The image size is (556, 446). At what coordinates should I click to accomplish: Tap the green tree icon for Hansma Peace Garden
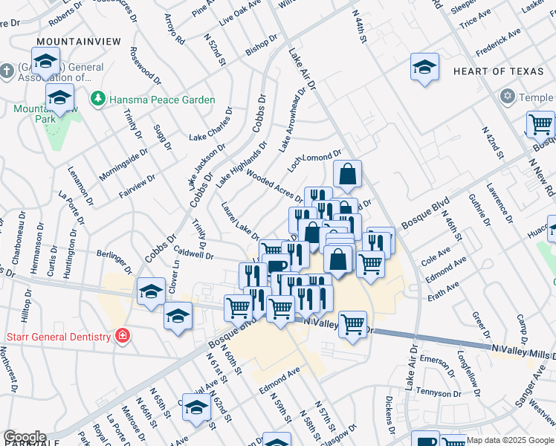[x=97, y=99]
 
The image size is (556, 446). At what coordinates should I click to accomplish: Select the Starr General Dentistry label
[x=58, y=336]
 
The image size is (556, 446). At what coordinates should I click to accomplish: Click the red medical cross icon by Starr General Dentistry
[x=122, y=336]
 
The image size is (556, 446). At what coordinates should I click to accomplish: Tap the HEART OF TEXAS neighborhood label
[x=491, y=71]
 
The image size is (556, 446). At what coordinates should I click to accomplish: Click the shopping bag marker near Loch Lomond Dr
[x=347, y=175]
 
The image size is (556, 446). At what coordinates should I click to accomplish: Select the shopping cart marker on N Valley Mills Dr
[x=352, y=323]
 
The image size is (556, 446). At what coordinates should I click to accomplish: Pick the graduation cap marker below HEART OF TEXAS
[x=424, y=68]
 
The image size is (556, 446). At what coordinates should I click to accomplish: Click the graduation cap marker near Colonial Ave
[x=197, y=407]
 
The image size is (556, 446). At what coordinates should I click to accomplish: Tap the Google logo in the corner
[x=24, y=437]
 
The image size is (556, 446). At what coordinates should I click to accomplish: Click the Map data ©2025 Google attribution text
[x=510, y=440]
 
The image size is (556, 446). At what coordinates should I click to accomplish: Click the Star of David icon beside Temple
[x=508, y=97]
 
